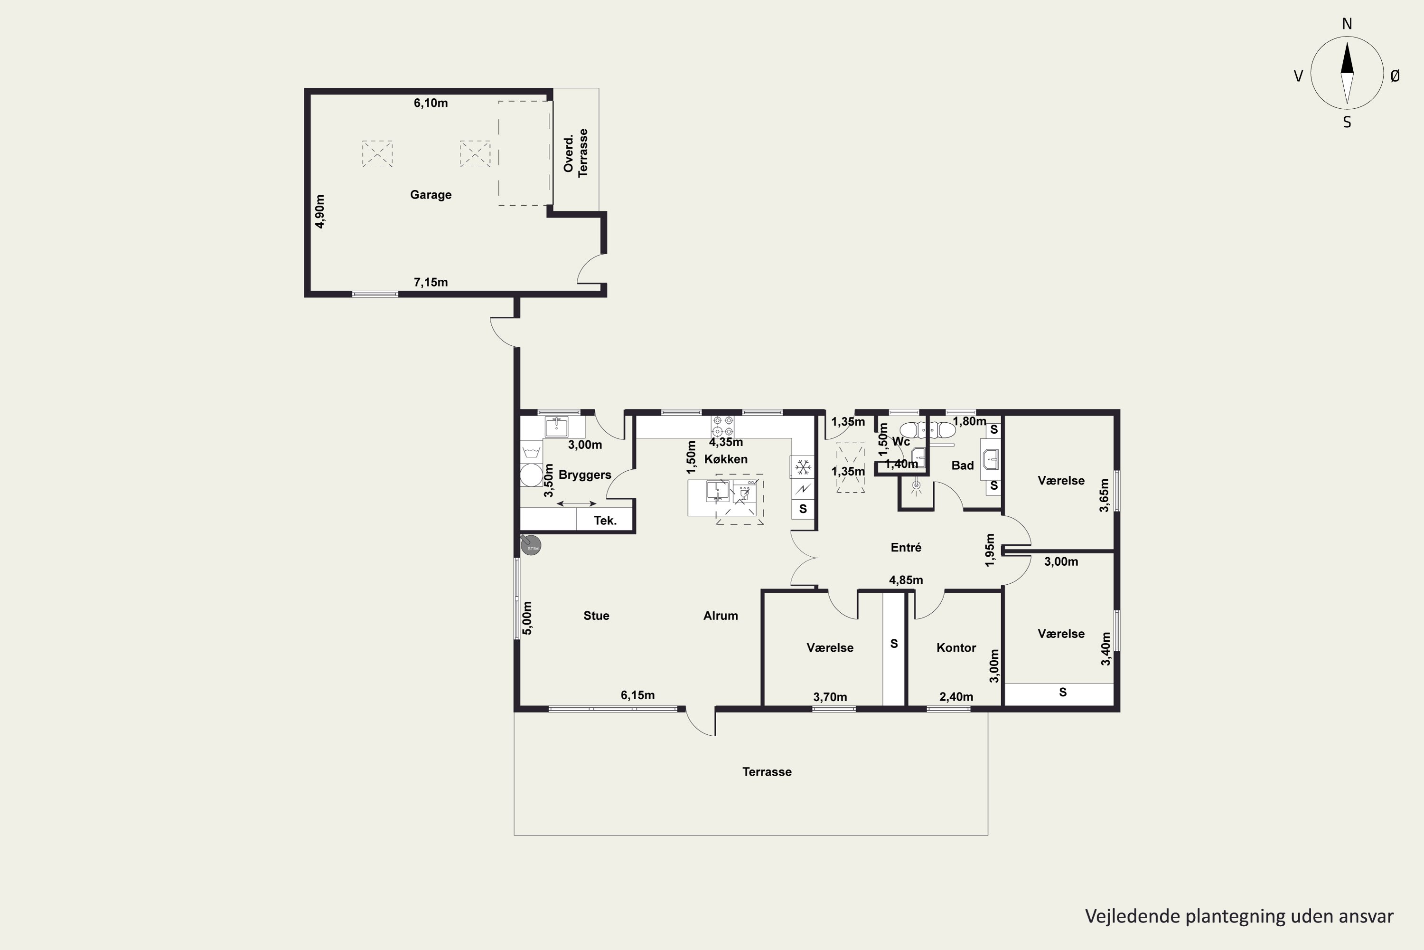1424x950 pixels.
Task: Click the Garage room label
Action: coord(431,194)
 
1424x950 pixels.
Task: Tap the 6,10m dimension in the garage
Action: coord(431,103)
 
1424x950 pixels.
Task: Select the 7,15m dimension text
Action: coord(431,282)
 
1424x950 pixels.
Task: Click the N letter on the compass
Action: coord(1347,24)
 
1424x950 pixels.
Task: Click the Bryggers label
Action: coord(585,475)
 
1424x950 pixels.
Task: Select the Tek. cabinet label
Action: coord(605,521)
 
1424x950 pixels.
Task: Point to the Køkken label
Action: coord(726,459)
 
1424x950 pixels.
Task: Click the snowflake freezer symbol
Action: coord(803,467)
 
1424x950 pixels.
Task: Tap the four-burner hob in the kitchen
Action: coord(723,426)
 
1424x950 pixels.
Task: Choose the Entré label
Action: coord(906,548)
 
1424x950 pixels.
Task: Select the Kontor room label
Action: coord(956,648)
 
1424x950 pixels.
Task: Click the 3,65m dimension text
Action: coord(1105,495)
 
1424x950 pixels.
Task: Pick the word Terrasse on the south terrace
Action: coord(767,772)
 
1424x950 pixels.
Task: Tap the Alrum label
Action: coord(721,616)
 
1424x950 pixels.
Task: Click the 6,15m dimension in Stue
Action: coord(637,695)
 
